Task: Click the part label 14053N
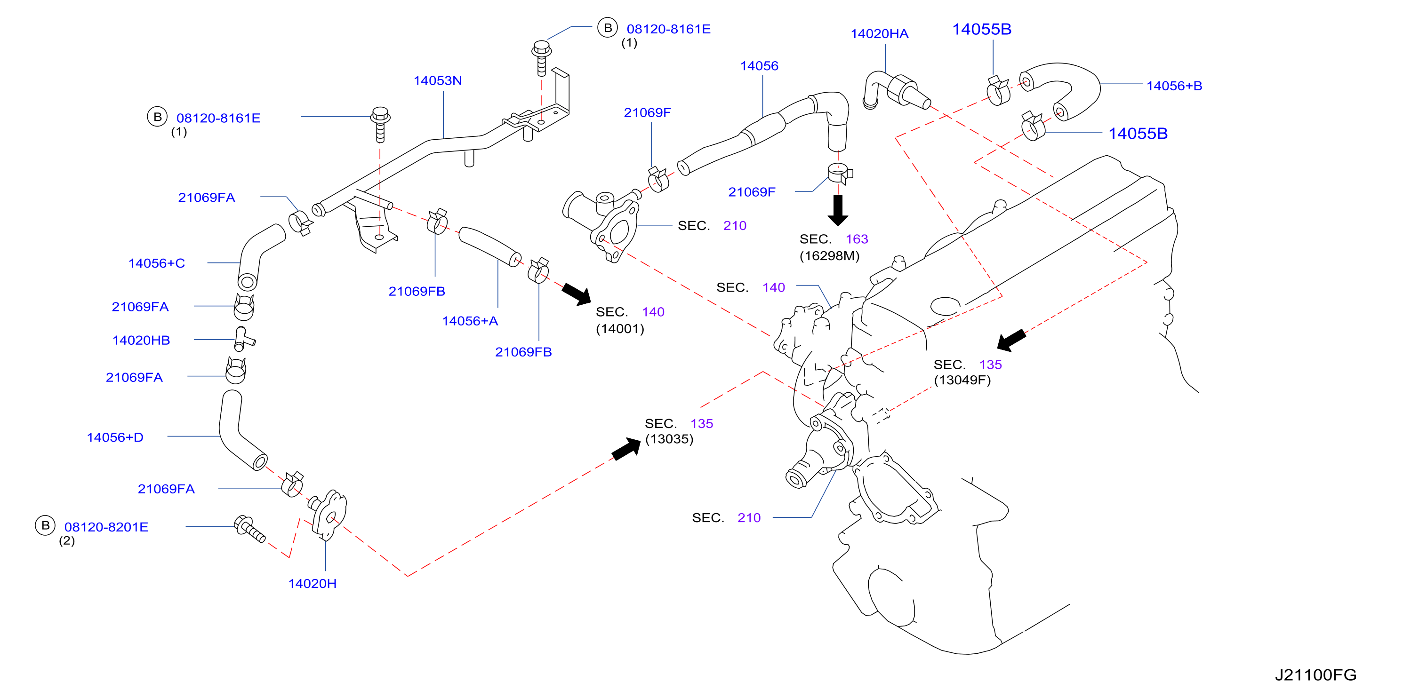[x=438, y=80]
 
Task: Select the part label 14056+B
[x=1174, y=86]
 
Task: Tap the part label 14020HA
[x=879, y=34]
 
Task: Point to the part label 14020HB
[x=141, y=341]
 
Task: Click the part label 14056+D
[x=115, y=437]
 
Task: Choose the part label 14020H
[x=312, y=584]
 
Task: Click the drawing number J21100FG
[x=1315, y=675]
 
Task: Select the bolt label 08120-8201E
[x=106, y=527]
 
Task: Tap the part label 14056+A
[x=470, y=321]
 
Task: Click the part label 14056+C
[x=157, y=263]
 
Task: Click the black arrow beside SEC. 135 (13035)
[x=626, y=449]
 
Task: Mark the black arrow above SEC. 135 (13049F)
[x=1011, y=340]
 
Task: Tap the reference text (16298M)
[x=829, y=256]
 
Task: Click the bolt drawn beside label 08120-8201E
[x=250, y=528]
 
